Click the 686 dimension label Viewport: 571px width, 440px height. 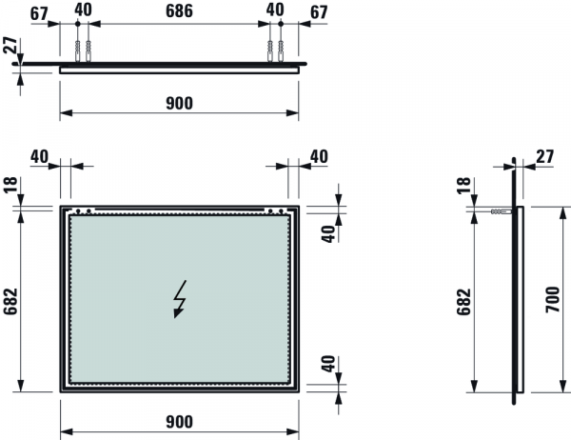(x=179, y=10)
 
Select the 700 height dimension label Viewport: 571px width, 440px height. (x=552, y=299)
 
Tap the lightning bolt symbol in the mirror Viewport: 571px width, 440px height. (x=180, y=299)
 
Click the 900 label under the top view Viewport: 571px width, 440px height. (x=179, y=104)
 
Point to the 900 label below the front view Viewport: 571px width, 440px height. (x=179, y=422)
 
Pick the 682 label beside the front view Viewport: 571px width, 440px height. (x=10, y=301)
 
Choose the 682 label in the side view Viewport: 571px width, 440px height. (x=464, y=302)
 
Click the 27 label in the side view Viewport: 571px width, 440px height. (x=545, y=157)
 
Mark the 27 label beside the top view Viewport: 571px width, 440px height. (x=10, y=45)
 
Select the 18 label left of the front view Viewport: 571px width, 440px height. (x=10, y=185)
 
